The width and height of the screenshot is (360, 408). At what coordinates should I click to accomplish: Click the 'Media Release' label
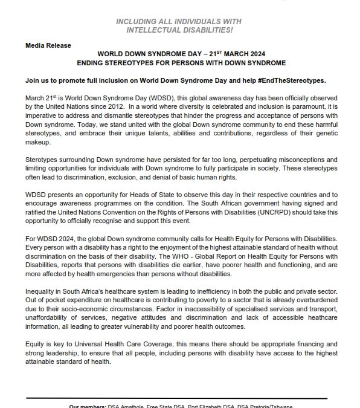tap(48, 45)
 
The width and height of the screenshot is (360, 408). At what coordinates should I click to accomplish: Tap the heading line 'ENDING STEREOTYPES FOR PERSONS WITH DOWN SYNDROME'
tap(184, 63)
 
